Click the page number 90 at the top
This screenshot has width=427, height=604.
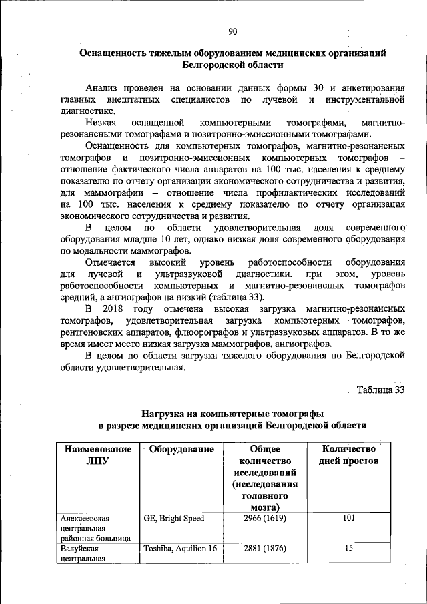click(x=232, y=31)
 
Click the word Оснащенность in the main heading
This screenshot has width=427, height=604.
click(x=115, y=52)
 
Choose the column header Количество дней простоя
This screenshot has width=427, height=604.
click(x=346, y=455)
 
